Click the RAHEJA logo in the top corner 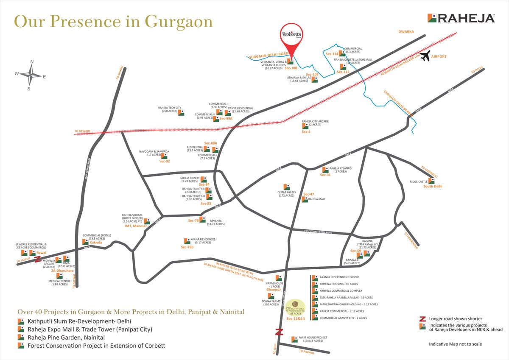[461, 18]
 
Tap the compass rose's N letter [31, 62]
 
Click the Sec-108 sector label [291, 68]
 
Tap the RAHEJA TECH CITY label [169, 108]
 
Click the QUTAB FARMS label [286, 193]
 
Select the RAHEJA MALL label [316, 199]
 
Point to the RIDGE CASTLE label [419, 181]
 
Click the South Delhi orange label [433, 187]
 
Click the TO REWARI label [82, 131]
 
